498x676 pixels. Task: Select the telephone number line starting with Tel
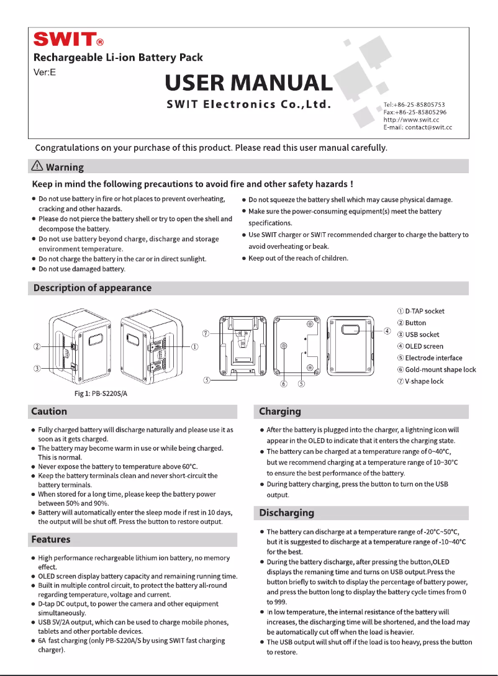coord(414,104)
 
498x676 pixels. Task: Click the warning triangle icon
coord(38,166)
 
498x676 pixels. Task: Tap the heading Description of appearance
coord(92,287)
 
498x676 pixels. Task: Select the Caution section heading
coord(49,411)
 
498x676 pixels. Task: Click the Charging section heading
coord(280,411)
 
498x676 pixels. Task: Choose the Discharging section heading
coord(286,513)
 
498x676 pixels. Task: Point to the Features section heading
coord(51,539)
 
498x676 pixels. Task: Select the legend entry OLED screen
coord(424,346)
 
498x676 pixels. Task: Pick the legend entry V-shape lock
coord(424,381)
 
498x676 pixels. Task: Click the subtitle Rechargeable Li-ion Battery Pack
coord(118,58)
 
